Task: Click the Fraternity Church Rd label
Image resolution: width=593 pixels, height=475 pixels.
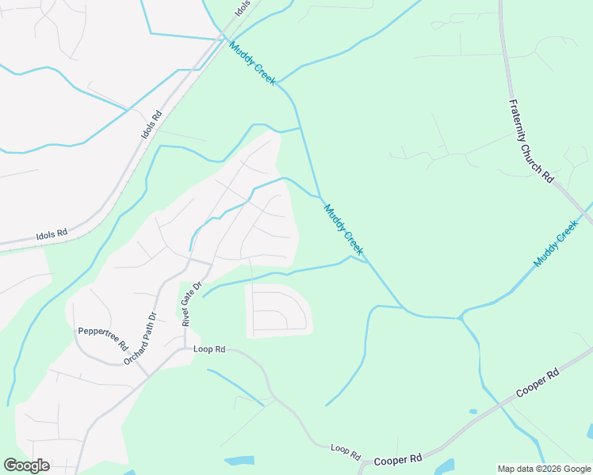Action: [x=530, y=141]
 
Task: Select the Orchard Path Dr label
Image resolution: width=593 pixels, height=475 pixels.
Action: [x=140, y=339]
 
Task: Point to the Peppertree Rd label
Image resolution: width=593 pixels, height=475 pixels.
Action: [x=102, y=339]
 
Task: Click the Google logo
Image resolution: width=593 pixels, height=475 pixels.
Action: [x=26, y=465]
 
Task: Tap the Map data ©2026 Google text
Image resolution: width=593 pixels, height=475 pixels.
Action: [x=544, y=469]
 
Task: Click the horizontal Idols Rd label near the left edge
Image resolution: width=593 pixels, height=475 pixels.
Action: [x=52, y=235]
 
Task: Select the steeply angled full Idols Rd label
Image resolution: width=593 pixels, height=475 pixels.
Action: [x=151, y=124]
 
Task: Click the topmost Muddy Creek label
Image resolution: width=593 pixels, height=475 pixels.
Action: [x=252, y=63]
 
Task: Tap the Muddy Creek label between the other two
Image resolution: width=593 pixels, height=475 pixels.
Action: [x=344, y=230]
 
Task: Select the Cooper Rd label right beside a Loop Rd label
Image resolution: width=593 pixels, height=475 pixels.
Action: [x=397, y=459]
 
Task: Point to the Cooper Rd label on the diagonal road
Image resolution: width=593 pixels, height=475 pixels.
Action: [x=538, y=383]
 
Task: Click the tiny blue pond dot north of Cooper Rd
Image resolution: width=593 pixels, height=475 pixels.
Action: [x=473, y=412]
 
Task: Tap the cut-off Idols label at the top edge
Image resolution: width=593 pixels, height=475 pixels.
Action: [x=243, y=8]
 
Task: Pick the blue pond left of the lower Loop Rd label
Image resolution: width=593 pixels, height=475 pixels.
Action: [x=239, y=461]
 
